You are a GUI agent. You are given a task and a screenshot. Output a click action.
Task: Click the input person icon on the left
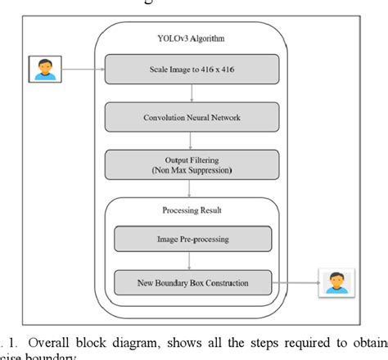[43, 70]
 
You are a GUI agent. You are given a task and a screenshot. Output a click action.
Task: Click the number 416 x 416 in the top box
[219, 70]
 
